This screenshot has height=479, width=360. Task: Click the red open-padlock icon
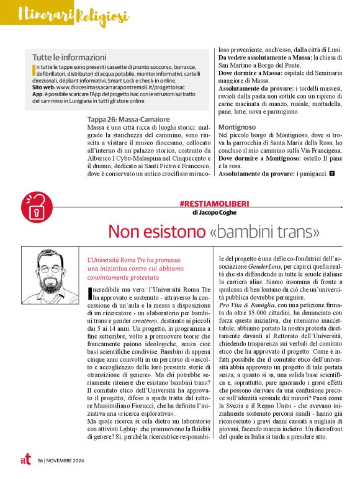coord(33,208)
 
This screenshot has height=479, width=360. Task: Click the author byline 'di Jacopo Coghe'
coord(215,213)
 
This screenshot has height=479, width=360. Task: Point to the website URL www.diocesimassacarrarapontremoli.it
coord(112,87)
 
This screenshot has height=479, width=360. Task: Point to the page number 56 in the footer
coord(40,461)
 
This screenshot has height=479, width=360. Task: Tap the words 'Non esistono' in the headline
coord(155,233)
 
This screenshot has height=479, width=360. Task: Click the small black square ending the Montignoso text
coord(332,174)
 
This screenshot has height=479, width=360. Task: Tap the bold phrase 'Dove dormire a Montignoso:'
coord(260,158)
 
